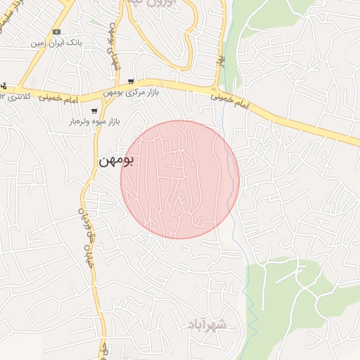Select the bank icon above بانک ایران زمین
[57, 32]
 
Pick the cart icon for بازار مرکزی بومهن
[131, 82]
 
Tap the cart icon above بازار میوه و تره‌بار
[94, 110]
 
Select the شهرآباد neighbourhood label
[208, 325]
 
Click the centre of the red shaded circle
[180, 179]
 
